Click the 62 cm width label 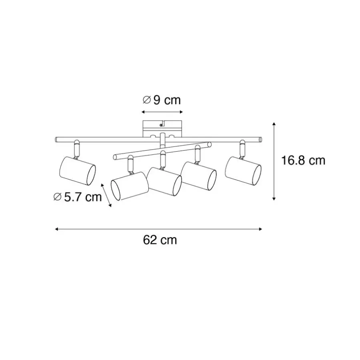pos(160,240)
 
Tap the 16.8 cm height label pos(303,160)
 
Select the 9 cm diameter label pos(162,100)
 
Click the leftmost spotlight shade pos(77,171)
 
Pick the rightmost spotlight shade pos(243,171)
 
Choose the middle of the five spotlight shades pos(164,181)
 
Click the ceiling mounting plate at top pos(162,129)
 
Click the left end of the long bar pos(56,139)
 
